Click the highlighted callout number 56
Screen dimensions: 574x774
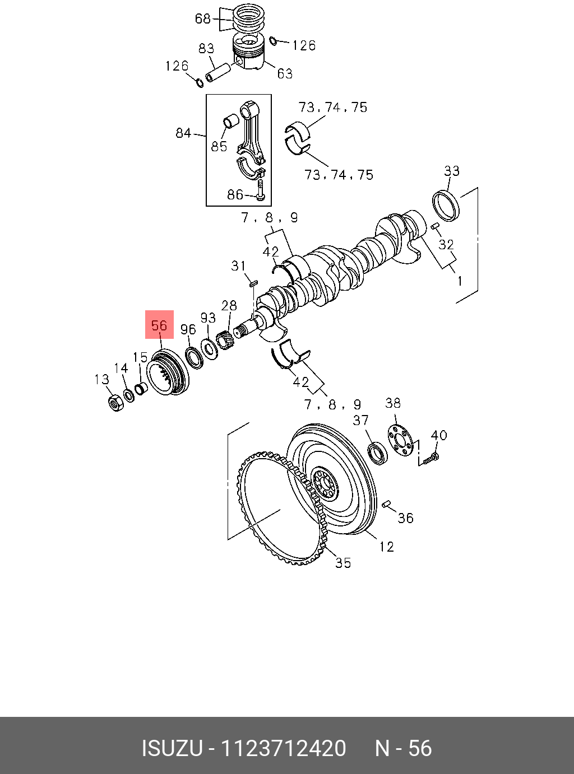click(x=159, y=325)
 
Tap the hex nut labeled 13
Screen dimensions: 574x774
click(x=116, y=402)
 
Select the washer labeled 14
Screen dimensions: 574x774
click(x=129, y=396)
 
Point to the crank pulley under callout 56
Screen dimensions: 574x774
click(x=168, y=372)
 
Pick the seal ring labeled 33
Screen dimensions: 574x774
click(x=447, y=205)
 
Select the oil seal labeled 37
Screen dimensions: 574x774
click(x=378, y=453)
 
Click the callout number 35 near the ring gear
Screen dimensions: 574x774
click(x=342, y=563)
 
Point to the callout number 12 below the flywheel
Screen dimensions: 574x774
click(x=386, y=547)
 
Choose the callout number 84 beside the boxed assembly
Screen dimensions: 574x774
click(x=183, y=133)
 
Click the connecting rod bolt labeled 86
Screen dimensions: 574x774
click(x=260, y=190)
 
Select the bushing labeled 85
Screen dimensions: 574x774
click(x=230, y=122)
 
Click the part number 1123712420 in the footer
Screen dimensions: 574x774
click(x=284, y=748)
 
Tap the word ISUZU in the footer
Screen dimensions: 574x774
click(x=171, y=748)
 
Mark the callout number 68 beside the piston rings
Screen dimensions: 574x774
click(x=202, y=19)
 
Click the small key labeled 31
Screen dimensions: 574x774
click(x=252, y=283)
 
